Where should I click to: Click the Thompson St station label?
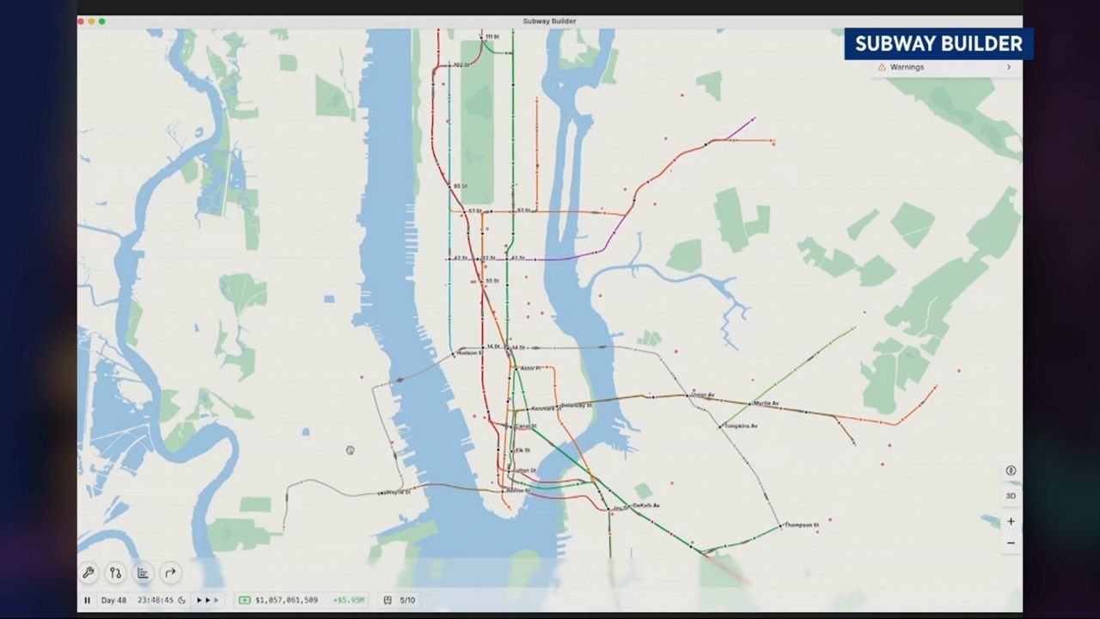pyautogui.click(x=802, y=524)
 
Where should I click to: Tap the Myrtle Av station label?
pyautogui.click(x=766, y=403)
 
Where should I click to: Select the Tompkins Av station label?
pyautogui.click(x=741, y=426)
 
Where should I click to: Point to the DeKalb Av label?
pyautogui.click(x=646, y=506)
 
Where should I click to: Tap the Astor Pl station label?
pyautogui.click(x=530, y=368)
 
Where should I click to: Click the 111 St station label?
pyautogui.click(x=492, y=37)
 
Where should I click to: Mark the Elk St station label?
pyautogui.click(x=522, y=450)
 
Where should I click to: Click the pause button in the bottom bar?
pyautogui.click(x=87, y=600)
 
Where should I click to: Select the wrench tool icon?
pyautogui.click(x=89, y=573)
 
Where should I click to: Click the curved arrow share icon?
pyautogui.click(x=170, y=573)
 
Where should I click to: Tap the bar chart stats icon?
pyautogui.click(x=143, y=573)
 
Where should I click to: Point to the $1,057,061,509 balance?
pyautogui.click(x=286, y=600)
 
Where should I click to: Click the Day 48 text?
pyautogui.click(x=113, y=600)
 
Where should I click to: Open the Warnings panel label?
pyautogui.click(x=907, y=67)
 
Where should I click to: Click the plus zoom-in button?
pyautogui.click(x=1011, y=521)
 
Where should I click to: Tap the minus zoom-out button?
pyautogui.click(x=1011, y=543)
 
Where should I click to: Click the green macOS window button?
pyautogui.click(x=102, y=21)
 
